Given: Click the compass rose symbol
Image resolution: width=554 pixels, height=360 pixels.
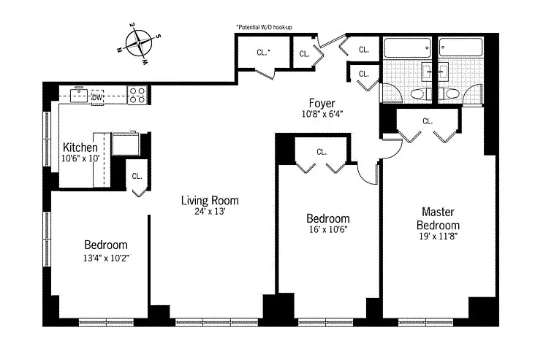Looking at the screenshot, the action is coord(139,43).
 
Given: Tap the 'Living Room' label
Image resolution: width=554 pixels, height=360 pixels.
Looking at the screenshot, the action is coord(210,201).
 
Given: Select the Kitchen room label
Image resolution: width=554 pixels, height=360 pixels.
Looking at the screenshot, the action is coord(80,148).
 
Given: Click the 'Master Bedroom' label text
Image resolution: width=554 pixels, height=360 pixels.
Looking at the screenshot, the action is coord(438,218).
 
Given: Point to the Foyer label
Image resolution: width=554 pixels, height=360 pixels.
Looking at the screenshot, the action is coord(322,103).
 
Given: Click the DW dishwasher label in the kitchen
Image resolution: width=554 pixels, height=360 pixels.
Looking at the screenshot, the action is coord(97,97).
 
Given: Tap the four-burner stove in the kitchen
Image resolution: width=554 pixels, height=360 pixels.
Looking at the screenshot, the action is coord(137,95).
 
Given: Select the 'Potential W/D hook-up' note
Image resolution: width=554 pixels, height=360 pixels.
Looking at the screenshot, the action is coord(265,27).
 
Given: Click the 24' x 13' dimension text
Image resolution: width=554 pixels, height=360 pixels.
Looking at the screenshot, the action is coord(210,212).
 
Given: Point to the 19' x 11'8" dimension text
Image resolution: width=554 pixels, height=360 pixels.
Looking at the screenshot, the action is coord(438,237).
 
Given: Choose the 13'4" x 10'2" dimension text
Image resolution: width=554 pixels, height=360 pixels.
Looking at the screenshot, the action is coord(106,258).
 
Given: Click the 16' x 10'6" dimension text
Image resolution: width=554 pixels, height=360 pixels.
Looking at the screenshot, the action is coord(328,229).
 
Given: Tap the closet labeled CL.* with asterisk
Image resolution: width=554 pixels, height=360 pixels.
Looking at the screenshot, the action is coord(264,53).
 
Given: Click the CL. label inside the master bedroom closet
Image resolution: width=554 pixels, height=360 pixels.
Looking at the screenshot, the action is coord(428,121).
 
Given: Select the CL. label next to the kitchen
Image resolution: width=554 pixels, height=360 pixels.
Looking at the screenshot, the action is coord(137,176).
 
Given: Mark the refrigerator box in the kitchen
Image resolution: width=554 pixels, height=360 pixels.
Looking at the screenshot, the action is coord(126,144).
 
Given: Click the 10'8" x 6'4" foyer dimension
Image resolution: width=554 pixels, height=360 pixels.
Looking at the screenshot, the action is coord(322,114).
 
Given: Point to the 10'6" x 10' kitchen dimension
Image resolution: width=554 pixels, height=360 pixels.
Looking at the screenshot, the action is coord(80,158).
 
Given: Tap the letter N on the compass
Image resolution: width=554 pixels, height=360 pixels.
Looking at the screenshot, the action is coord(119,50).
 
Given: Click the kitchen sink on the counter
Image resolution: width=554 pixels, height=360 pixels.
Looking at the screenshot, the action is coord(78,96).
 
